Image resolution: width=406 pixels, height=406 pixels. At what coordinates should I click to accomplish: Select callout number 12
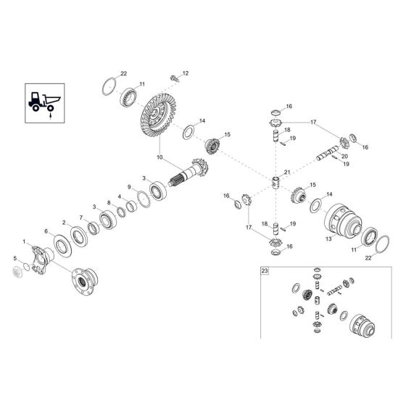(184, 73)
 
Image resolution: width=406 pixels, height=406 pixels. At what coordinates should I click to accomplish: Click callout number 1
(24, 241)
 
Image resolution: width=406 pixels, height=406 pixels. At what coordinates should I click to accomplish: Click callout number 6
(47, 231)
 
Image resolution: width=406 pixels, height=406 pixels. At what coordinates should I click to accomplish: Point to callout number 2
(64, 223)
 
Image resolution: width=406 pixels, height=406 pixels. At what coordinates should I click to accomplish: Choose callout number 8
(109, 203)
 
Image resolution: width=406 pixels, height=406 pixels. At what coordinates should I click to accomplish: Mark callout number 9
(130, 188)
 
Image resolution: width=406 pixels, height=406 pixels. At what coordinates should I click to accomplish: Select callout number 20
(344, 156)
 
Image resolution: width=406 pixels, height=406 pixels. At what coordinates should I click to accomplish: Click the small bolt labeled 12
(174, 78)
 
